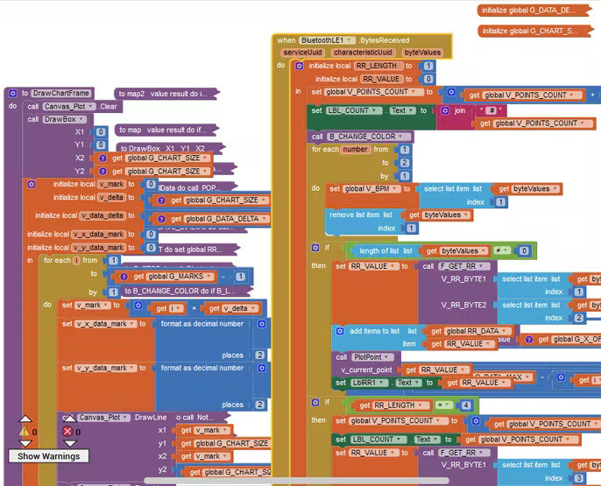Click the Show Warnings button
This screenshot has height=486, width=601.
[49, 455]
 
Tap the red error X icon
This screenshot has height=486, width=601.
[68, 432]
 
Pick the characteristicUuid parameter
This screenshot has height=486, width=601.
[363, 53]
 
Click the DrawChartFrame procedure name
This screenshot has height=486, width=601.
[61, 93]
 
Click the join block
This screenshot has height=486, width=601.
[460, 111]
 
